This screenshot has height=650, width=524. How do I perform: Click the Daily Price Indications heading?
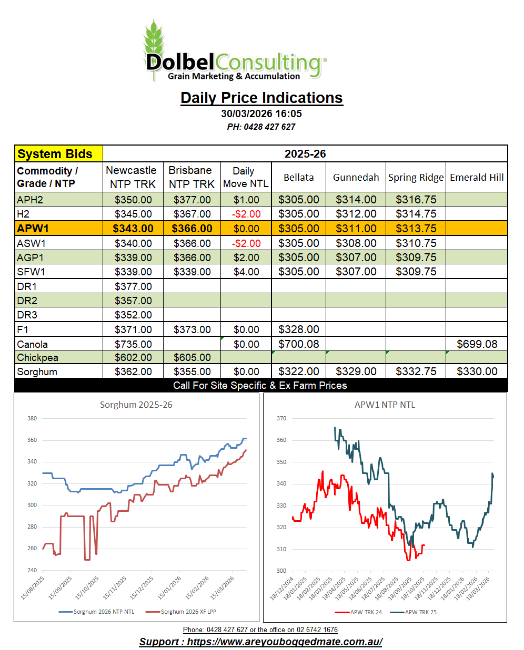[261, 98]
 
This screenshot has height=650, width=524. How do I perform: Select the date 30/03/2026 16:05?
[261, 114]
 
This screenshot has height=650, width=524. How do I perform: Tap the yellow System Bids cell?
[58, 154]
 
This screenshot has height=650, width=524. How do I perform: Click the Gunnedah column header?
[356, 178]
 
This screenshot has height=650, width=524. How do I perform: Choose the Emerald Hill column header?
[477, 178]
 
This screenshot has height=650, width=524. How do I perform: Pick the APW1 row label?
[33, 229]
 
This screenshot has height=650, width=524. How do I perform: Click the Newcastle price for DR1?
[133, 286]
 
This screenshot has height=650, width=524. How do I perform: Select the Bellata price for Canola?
[298, 344]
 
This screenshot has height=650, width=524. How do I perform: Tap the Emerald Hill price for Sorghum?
[477, 372]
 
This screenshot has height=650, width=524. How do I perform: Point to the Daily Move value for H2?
[246, 214]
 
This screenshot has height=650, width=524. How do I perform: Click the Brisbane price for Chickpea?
[192, 357]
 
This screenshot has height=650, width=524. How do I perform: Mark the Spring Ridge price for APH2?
[416, 200]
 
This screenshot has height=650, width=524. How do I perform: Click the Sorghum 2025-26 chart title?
[136, 405]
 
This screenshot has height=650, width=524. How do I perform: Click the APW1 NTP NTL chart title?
[385, 405]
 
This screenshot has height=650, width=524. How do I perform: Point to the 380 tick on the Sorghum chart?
[32, 418]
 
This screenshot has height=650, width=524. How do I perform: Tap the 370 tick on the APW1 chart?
[281, 418]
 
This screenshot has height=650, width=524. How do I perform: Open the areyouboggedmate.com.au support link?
[261, 642]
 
